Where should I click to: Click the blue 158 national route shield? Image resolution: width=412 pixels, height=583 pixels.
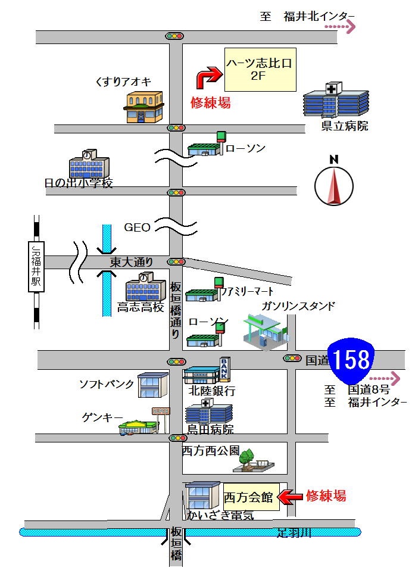click(x=351, y=361)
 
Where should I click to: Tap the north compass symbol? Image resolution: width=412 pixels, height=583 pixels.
click(x=334, y=185)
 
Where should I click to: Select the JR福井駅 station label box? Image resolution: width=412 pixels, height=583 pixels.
click(x=37, y=267)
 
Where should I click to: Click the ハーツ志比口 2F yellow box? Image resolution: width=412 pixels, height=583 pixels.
click(x=261, y=70)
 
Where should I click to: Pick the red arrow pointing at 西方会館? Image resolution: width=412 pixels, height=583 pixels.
click(x=291, y=495)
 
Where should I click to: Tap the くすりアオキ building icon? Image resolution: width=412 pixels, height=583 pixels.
click(x=143, y=107)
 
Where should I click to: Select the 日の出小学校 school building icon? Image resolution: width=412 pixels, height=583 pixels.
click(x=89, y=164)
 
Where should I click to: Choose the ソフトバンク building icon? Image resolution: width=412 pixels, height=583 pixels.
click(x=153, y=384)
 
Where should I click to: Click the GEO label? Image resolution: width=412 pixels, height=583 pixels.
click(x=137, y=227)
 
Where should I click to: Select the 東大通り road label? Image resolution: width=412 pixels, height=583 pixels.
click(x=132, y=261)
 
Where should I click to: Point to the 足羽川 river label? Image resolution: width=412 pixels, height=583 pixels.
click(x=294, y=533)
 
